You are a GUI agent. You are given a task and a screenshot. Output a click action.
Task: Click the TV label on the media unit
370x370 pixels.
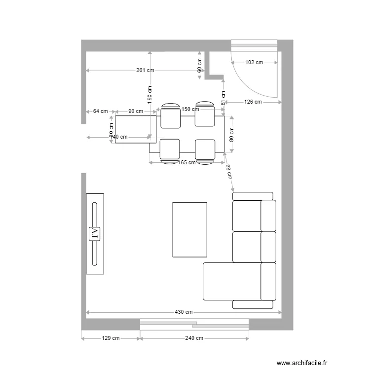click(95, 233)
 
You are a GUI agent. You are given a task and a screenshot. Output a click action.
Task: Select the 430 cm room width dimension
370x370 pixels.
click(184, 312)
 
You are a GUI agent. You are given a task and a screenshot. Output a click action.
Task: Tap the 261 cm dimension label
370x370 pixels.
click(145, 71)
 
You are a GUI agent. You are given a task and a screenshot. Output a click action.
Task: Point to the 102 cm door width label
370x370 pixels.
click(254, 63)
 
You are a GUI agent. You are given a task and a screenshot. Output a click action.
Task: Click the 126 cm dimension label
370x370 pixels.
click(253, 102)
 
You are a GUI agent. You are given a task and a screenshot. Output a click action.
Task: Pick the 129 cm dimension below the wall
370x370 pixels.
click(111, 338)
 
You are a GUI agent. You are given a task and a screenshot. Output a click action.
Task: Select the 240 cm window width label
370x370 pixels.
click(194, 338)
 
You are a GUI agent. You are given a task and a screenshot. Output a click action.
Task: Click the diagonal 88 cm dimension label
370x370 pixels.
click(228, 172)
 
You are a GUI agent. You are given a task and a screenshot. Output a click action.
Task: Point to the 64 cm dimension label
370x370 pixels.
click(100, 111)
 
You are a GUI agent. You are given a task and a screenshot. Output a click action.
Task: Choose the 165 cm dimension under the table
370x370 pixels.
click(187, 162)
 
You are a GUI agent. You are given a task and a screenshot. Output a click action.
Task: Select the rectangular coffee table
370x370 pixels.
click(189, 229)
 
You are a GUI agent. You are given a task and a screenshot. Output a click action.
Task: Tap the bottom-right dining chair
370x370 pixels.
click(205, 150)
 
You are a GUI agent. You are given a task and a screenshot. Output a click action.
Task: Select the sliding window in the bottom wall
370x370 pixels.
click(194, 324)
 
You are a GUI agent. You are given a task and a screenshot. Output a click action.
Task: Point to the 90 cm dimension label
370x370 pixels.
click(136, 111)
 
